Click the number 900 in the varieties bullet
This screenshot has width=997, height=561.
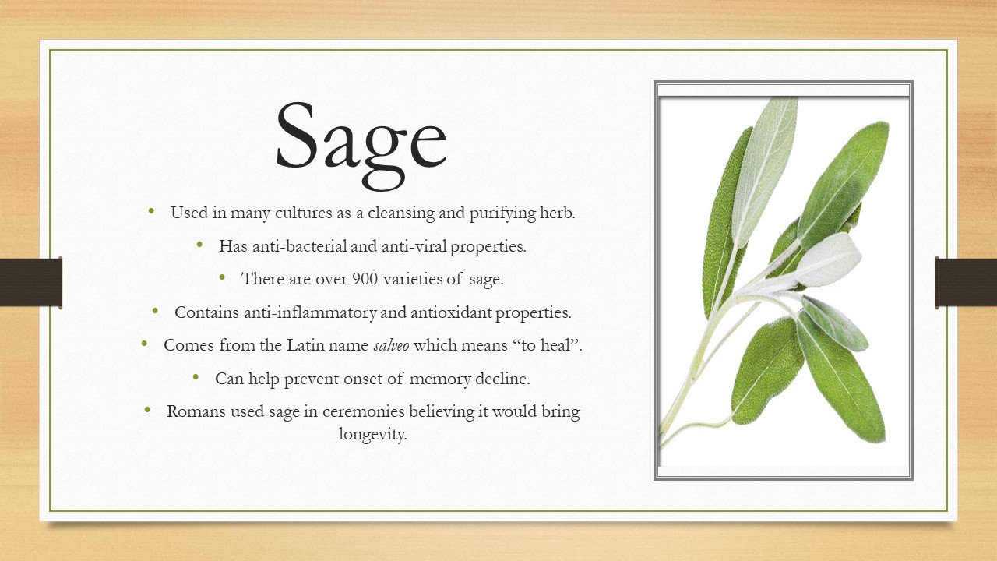coord(365,279)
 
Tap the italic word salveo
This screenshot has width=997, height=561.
coord(391,345)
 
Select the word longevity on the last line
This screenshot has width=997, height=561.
coord(372,434)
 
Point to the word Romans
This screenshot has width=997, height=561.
coord(196,411)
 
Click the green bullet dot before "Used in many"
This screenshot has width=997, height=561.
coord(151,210)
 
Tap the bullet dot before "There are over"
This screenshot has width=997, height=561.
coord(222,277)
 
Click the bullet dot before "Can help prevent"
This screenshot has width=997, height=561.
coord(196,376)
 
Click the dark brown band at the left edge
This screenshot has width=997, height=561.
coord(30,282)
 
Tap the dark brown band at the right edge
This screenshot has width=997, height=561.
coord(966,282)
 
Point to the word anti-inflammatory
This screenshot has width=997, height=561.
coord(310,312)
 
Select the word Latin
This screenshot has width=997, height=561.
coord(305,345)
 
